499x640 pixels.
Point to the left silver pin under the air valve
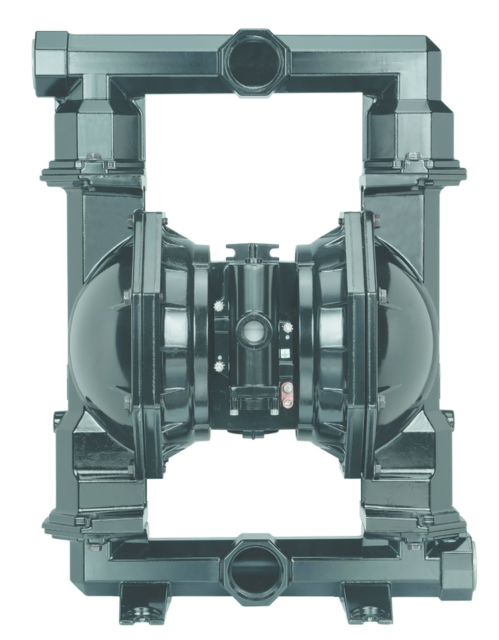click(x=233, y=412)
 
